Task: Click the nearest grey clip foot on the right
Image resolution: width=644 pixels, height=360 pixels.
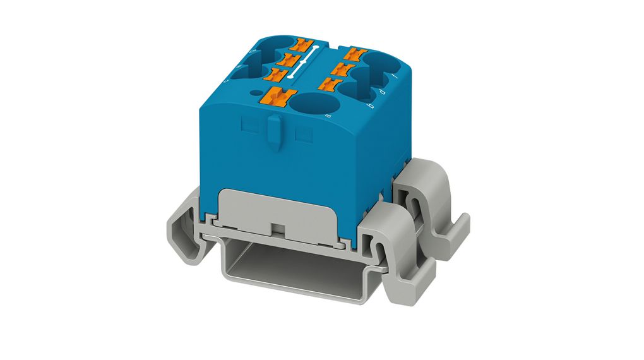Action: point(388,246)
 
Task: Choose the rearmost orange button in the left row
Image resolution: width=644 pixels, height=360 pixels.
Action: point(306,45)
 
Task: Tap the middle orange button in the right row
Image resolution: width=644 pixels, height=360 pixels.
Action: point(345,66)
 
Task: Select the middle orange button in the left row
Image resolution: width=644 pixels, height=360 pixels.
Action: point(292,60)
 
